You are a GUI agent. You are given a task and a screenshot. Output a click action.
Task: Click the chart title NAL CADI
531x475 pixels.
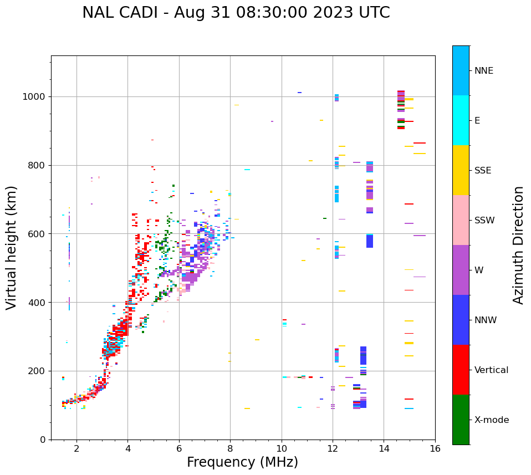coord(236,13)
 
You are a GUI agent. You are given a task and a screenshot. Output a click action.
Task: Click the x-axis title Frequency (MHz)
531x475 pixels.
coord(242,462)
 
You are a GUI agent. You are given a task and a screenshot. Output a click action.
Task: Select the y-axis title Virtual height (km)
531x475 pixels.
coord(12,247)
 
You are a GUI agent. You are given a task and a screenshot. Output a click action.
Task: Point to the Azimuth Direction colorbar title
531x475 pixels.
coord(518,245)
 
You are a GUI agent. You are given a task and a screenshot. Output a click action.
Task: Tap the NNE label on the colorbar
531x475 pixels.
coord(483,71)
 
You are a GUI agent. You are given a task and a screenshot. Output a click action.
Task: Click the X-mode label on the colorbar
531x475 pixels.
coord(491,420)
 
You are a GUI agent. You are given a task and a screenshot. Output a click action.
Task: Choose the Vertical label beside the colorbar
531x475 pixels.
coord(491,370)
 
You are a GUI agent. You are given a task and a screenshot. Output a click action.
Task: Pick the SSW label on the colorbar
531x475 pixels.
coord(484,221)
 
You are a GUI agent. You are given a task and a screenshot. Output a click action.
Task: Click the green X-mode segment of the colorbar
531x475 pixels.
coord(461,420)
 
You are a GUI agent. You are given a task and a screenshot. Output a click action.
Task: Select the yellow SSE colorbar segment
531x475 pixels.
coord(461,170)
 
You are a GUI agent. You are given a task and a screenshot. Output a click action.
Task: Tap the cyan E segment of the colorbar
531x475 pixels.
coord(461,120)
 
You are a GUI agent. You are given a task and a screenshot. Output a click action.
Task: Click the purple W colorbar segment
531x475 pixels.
coord(461,270)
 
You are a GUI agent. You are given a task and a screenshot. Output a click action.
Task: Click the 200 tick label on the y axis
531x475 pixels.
coord(38,371)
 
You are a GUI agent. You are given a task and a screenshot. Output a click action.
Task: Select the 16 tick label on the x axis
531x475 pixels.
coord(435,448)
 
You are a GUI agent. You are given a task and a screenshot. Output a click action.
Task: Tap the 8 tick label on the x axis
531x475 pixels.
coord(231,448)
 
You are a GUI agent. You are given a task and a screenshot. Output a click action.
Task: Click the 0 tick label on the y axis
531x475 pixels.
coord(43,440)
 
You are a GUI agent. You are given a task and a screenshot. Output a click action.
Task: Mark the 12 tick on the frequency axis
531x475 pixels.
coord(333,448)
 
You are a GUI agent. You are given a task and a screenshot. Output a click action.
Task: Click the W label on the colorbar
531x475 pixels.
coord(478,270)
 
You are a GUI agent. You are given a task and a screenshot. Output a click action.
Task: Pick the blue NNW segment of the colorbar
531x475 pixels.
coord(461,320)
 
